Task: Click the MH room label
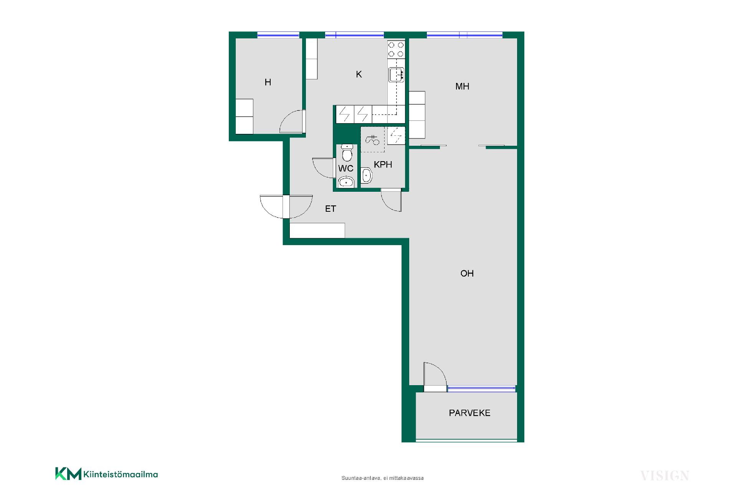(x=462, y=86)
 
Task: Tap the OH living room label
(x=467, y=274)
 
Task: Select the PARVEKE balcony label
(x=469, y=413)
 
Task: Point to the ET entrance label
(x=330, y=209)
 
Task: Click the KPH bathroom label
(x=383, y=165)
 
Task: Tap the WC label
(x=345, y=168)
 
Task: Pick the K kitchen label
(x=359, y=74)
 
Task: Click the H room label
(x=268, y=82)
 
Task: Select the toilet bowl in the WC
(x=347, y=153)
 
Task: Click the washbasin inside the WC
(x=346, y=182)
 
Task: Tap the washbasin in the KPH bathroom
(x=367, y=176)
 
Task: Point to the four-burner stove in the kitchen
(x=396, y=49)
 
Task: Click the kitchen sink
(x=396, y=74)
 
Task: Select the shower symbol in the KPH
(x=372, y=140)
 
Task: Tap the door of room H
(x=292, y=121)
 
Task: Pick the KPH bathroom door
(x=391, y=200)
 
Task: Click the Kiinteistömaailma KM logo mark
(x=68, y=474)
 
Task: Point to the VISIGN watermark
(x=664, y=476)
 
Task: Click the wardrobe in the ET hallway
(x=317, y=231)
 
